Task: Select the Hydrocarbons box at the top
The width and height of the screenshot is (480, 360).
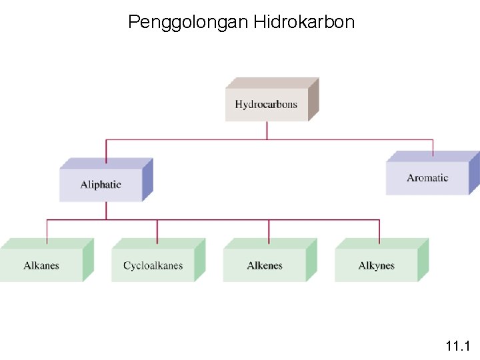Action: pos(266,105)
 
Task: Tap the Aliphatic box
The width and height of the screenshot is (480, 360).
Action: pos(101,185)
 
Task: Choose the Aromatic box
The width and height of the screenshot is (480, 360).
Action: pos(427,178)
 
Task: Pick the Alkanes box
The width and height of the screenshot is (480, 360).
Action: pos(41,265)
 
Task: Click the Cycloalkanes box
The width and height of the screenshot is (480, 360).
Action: pos(153,265)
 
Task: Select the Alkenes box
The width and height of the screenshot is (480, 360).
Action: pos(265,265)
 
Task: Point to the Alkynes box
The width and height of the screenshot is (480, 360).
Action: pos(376,265)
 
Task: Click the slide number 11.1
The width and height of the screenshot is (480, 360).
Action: pos(458,345)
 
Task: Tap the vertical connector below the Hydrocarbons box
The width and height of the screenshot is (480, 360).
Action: pos(267,130)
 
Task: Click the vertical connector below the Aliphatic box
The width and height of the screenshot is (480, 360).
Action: pos(106,210)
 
